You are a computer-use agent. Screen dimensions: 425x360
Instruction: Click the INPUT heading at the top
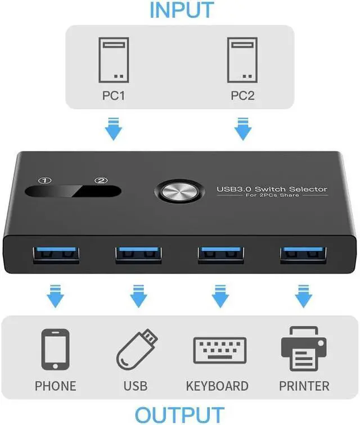(181, 10)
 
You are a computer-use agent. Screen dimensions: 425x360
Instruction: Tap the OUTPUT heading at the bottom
(180, 414)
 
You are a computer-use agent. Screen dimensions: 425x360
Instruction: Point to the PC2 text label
(242, 96)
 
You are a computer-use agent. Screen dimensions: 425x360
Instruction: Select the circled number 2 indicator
(101, 180)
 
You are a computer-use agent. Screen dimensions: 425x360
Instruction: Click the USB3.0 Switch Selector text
(272, 189)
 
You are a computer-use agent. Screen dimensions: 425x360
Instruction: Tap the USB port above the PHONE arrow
(56, 255)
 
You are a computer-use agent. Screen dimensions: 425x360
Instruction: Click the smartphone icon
(56, 350)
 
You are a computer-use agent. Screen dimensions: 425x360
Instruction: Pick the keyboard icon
(217, 352)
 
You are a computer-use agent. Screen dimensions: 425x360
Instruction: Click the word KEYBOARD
(217, 386)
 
